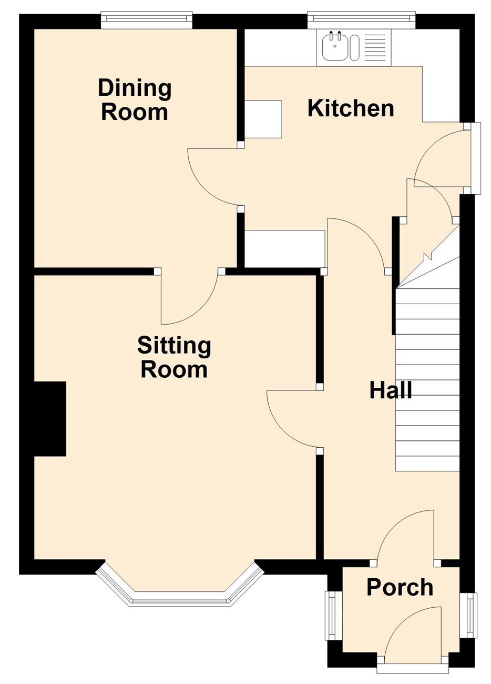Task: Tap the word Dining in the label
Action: pos(135,89)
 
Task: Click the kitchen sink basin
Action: pos(334,46)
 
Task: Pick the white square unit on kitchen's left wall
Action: pos(263,119)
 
